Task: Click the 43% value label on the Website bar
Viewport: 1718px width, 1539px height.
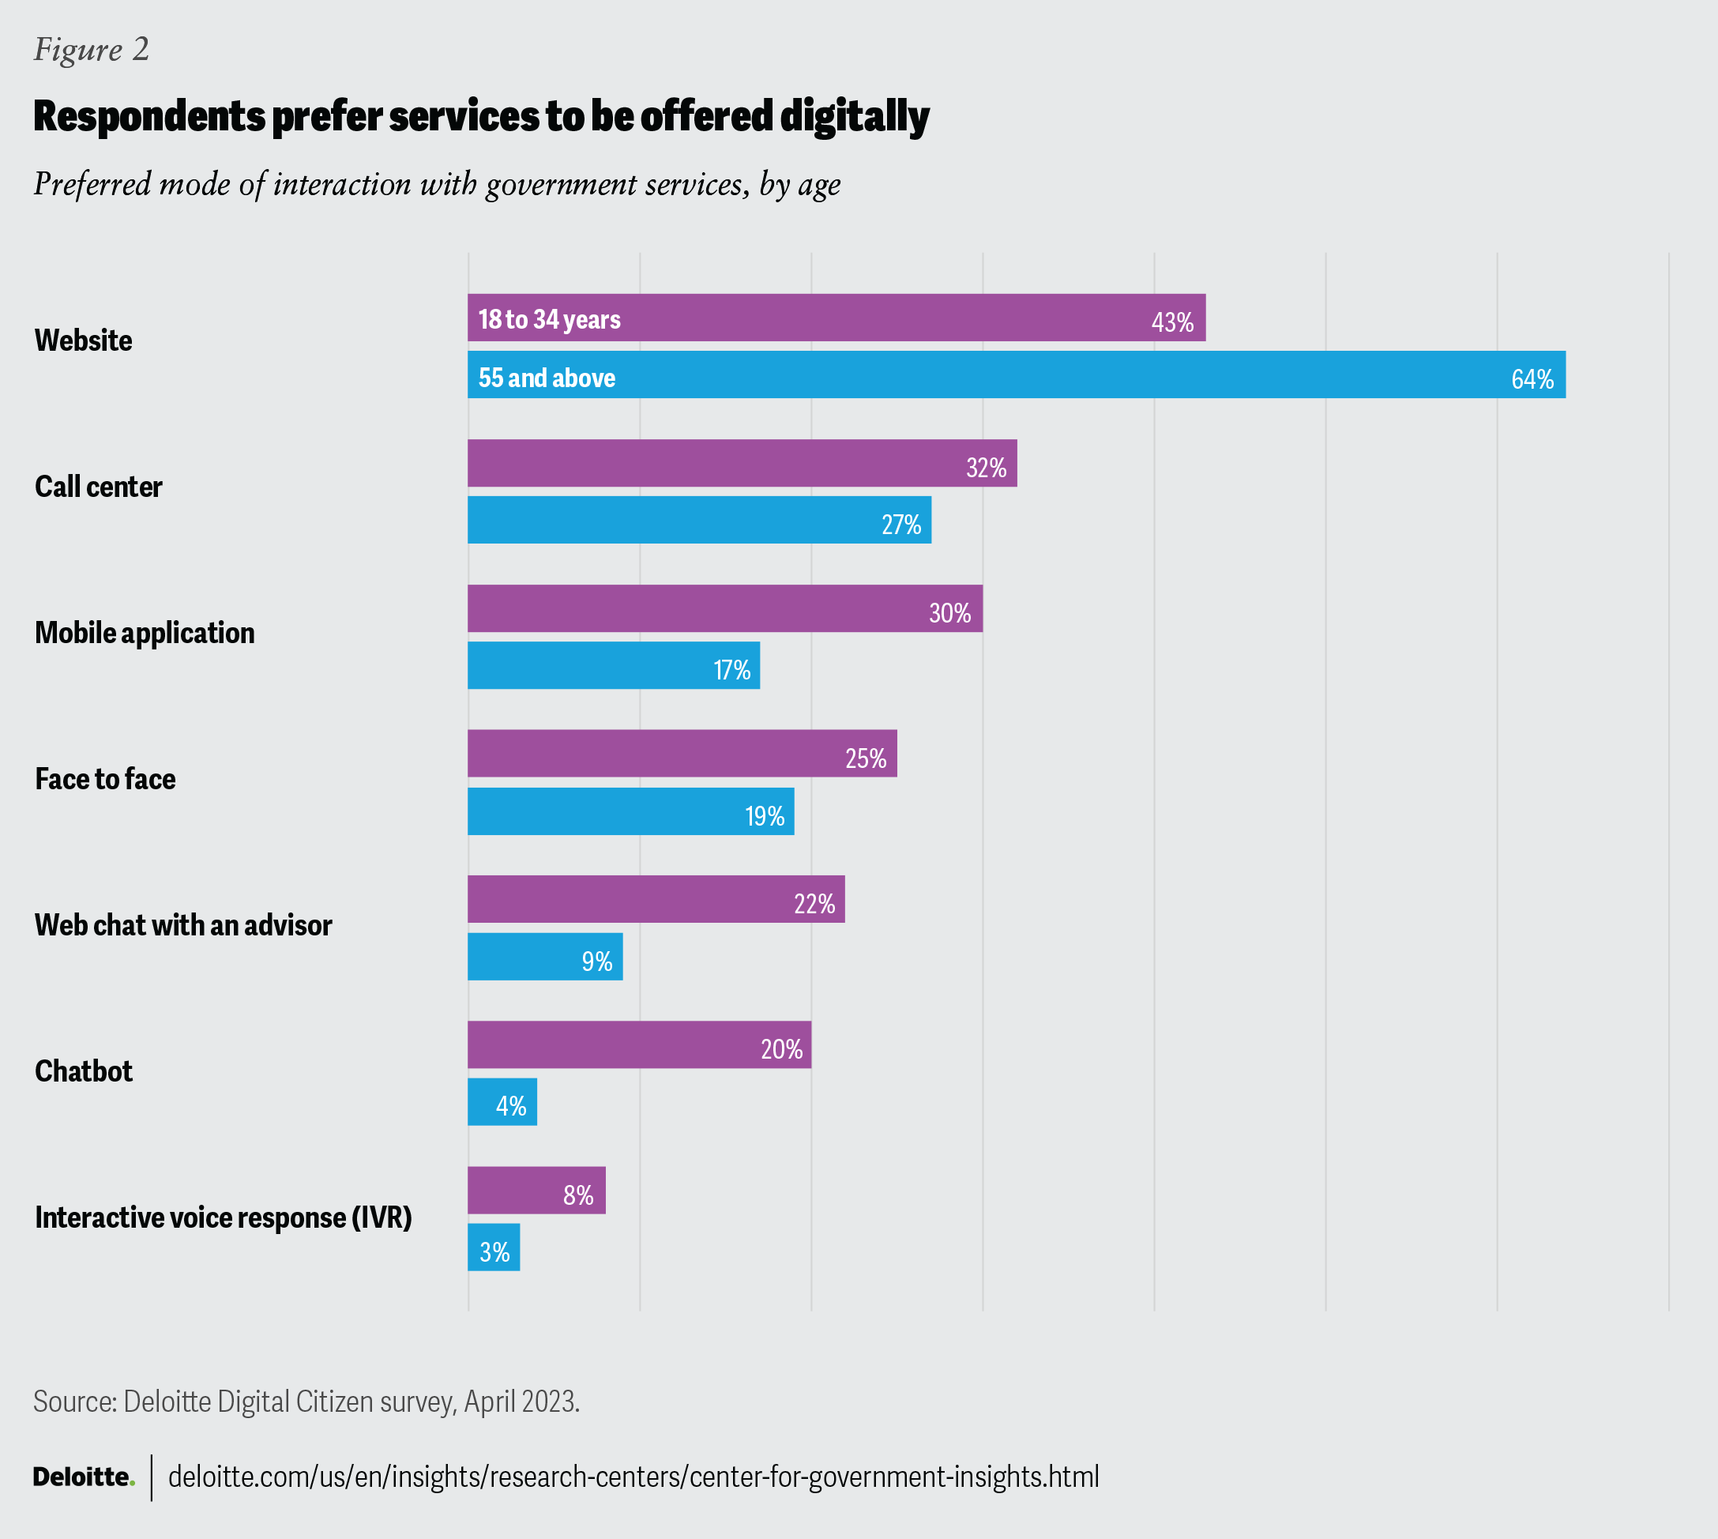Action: pyautogui.click(x=1172, y=322)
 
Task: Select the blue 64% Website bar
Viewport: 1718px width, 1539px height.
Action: pyautogui.click(x=1014, y=374)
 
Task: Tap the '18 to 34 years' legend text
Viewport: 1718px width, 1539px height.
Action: pyautogui.click(x=550, y=319)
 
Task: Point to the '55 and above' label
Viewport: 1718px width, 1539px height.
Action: pyautogui.click(x=547, y=377)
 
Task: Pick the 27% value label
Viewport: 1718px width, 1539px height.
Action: pyautogui.click(x=901, y=525)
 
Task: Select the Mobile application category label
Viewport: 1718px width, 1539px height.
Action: pyautogui.click(x=145, y=633)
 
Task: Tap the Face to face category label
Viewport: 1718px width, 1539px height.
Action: pyautogui.click(x=106, y=779)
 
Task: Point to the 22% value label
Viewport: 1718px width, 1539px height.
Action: pyautogui.click(x=814, y=904)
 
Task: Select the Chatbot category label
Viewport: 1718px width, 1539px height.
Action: pyautogui.click(x=84, y=1071)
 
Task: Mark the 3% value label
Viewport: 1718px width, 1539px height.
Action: pyautogui.click(x=494, y=1252)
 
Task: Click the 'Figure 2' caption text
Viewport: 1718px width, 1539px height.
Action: pyautogui.click(x=92, y=49)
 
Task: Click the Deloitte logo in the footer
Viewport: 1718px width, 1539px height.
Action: pyautogui.click(x=84, y=1477)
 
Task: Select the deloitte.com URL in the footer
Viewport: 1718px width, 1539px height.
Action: pyautogui.click(x=633, y=1477)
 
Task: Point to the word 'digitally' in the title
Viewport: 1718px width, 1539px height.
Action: pyautogui.click(x=855, y=116)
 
